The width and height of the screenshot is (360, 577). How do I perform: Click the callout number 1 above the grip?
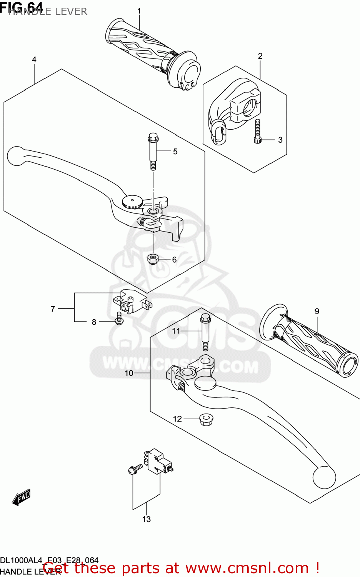(x=139, y=11)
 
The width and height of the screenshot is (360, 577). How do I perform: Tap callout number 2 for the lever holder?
(x=260, y=56)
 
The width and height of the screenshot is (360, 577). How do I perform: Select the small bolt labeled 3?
(x=258, y=132)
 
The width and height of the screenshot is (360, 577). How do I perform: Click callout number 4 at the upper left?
(x=34, y=60)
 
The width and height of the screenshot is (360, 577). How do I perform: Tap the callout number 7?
(x=53, y=309)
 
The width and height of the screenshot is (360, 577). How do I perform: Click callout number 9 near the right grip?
(x=317, y=311)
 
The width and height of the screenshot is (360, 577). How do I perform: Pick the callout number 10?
(x=129, y=373)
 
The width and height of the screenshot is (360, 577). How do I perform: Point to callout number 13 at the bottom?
(x=146, y=519)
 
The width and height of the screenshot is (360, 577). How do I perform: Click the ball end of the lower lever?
(x=324, y=477)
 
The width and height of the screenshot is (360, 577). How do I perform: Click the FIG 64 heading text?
(x=21, y=7)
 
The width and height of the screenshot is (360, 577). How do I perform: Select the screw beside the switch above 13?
(x=135, y=469)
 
